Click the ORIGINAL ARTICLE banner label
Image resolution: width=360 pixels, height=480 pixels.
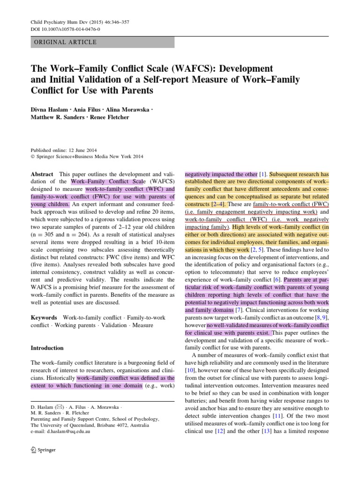click(64, 42)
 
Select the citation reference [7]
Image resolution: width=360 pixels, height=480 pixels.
click(239, 310)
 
